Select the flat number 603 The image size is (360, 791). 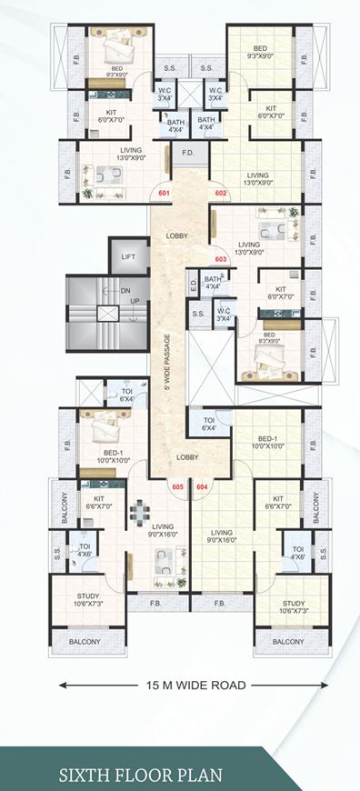220,257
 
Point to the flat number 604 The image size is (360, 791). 202,487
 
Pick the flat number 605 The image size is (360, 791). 176,487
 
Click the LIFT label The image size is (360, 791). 128,257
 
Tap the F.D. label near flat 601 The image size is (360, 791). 188,153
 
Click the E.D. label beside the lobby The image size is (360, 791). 194,285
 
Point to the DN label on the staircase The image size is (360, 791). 125,292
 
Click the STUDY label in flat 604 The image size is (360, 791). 293,606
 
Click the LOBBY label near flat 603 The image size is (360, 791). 177,236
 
